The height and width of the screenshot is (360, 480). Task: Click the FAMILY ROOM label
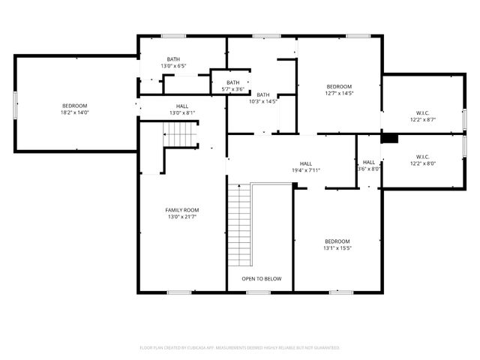point(181,210)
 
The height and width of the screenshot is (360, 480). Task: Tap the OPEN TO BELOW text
point(262,279)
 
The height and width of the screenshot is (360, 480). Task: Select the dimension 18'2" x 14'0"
point(75,112)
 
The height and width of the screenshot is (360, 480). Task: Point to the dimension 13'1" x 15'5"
point(337,247)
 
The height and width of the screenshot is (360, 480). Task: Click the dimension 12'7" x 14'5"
point(339,94)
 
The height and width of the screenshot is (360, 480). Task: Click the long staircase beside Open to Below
point(240,225)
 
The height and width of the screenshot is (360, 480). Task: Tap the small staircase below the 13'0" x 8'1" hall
point(180,135)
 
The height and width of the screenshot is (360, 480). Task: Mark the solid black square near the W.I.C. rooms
point(388,138)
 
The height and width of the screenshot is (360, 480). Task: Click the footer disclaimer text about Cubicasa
point(240,348)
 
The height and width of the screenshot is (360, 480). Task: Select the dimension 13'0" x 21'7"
point(181,217)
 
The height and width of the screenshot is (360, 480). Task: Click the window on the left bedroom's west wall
point(14,103)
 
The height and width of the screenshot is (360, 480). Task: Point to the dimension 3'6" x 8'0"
point(369,169)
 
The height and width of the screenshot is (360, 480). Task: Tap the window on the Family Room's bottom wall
point(178,292)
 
